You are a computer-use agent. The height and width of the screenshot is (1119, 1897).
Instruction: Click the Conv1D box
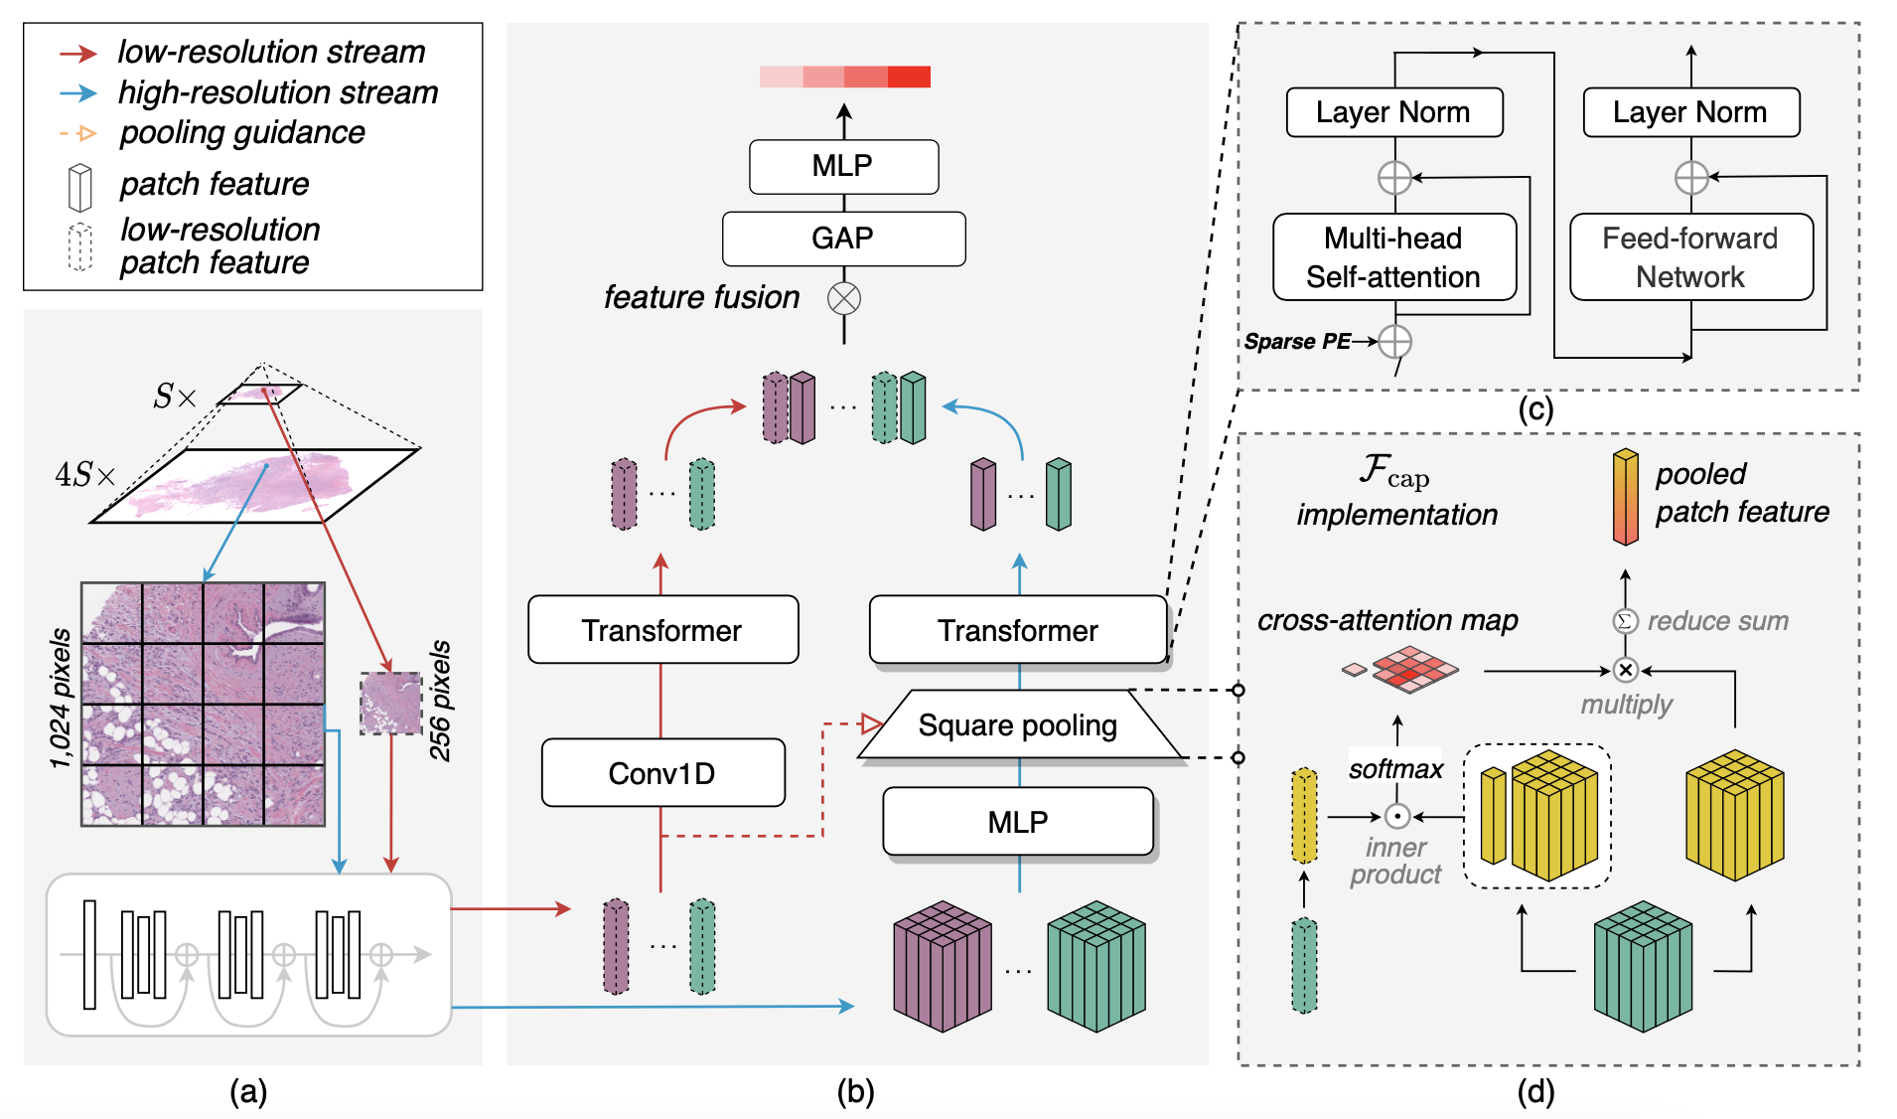coord(662,773)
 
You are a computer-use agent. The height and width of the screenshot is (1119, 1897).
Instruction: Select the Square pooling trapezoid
coord(1018,725)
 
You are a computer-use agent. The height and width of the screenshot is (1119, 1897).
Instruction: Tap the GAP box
coord(843,239)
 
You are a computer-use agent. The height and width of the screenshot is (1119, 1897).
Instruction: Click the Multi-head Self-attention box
coord(1393,257)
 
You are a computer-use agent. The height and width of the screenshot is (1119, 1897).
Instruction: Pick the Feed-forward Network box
coord(1690,257)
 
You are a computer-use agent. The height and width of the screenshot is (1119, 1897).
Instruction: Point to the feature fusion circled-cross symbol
coord(844,298)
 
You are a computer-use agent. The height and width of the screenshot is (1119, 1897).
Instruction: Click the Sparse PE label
coord(1297,342)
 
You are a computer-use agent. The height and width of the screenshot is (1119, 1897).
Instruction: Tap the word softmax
coord(1395,769)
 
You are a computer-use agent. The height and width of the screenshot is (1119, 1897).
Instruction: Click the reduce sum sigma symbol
coord(1624,621)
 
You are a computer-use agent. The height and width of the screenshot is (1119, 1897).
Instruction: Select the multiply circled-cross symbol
coord(1625,671)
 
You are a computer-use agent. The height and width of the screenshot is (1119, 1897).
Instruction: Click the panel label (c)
coord(1535,409)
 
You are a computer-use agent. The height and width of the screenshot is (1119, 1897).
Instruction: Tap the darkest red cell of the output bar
coord(909,77)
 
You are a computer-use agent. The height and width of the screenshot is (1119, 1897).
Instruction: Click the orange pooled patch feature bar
coord(1625,497)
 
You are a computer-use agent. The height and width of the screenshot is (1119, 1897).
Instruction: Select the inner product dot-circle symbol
coord(1397,817)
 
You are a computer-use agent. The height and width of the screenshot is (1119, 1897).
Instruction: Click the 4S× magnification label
coord(84,475)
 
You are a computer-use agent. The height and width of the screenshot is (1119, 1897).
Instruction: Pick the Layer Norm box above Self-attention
coord(1393,112)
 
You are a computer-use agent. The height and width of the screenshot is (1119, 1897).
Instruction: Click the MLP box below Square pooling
coord(1018,822)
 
